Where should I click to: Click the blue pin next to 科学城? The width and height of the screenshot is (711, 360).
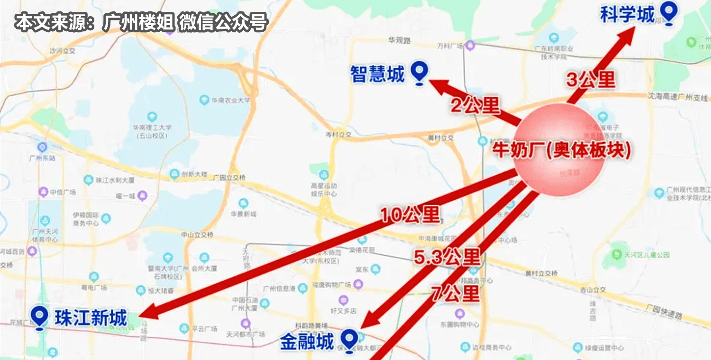pos(669,13)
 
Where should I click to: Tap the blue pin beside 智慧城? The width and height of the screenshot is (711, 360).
pos(419,73)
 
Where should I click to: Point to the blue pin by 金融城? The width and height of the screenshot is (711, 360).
pos(350,339)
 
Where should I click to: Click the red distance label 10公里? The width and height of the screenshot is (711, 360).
pos(410,215)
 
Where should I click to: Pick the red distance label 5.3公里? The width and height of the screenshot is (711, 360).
pos(447,258)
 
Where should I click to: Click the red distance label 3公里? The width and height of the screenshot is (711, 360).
pos(591,80)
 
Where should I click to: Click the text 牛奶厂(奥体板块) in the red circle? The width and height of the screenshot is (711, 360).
pos(562,150)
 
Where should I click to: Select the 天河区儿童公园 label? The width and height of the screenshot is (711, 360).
pos(647,255)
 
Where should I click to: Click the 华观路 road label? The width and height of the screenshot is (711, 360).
pos(398,40)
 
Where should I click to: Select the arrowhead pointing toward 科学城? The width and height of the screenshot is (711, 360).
pos(629,34)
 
